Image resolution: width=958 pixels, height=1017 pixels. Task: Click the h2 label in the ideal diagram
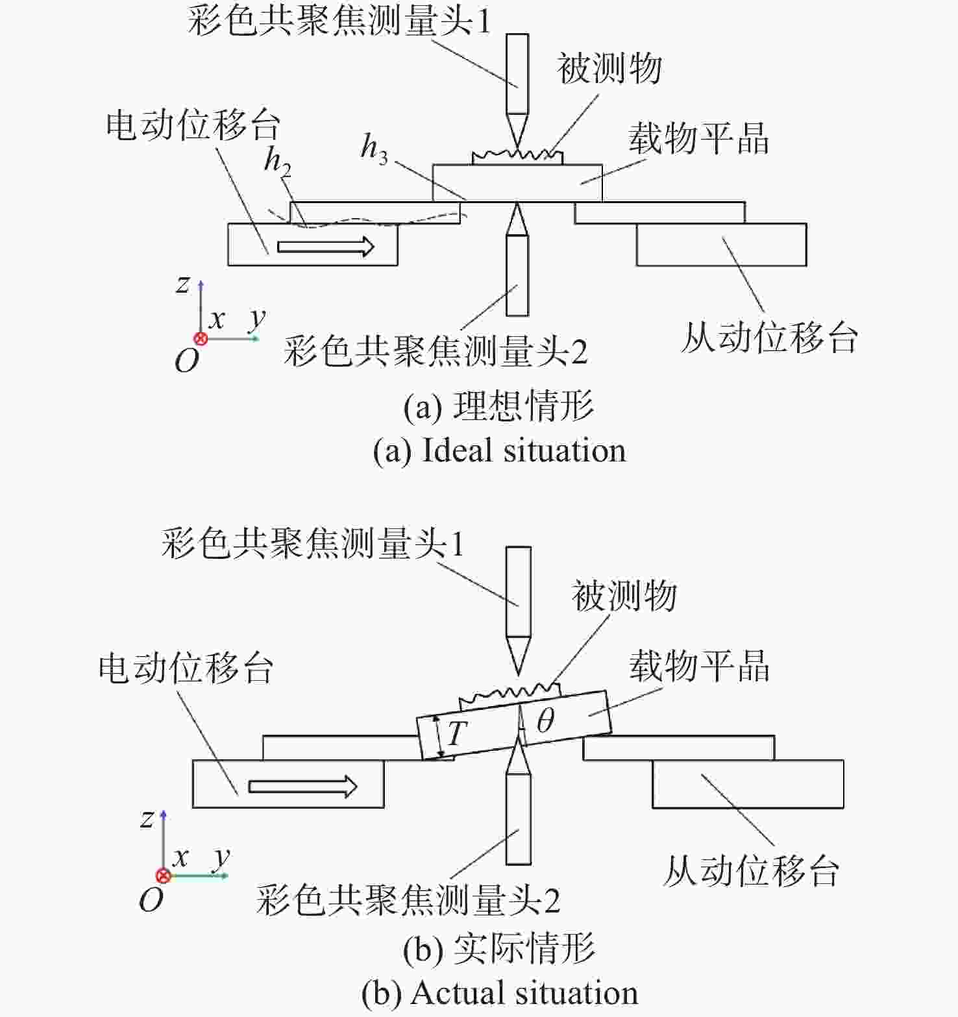click(278, 162)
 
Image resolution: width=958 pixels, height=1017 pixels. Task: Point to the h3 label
click(375, 149)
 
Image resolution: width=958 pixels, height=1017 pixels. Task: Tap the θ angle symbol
click(545, 720)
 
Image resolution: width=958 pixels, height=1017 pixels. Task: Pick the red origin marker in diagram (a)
click(201, 338)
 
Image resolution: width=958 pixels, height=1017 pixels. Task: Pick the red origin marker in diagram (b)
click(164, 876)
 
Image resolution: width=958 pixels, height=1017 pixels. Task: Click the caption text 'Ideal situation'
click(524, 450)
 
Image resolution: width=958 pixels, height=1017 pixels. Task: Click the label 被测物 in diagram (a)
click(609, 68)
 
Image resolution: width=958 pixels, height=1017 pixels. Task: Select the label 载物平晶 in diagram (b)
click(699, 666)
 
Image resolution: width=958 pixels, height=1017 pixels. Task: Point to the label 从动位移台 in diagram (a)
click(770, 337)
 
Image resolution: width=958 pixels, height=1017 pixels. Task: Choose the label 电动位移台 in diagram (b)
click(186, 668)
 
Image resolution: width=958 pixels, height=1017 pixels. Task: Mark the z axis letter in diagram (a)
click(183, 284)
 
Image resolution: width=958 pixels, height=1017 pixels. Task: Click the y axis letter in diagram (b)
click(222, 857)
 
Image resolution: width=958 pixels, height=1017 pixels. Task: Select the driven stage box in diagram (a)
click(721, 245)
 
